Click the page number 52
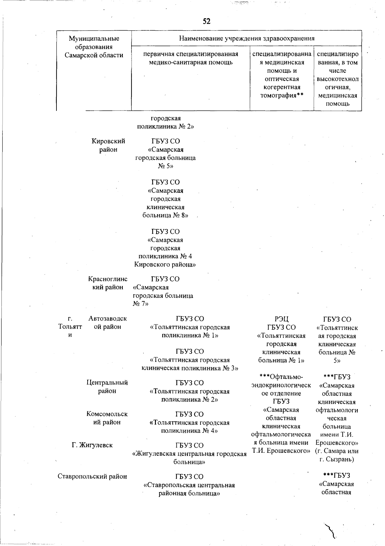pyautogui.click(x=207, y=21)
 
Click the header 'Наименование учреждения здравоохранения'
pyautogui.click(x=246, y=38)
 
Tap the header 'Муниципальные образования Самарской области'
pyautogui.click(x=94, y=47)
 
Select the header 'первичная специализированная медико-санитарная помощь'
pyautogui.click(x=191, y=58)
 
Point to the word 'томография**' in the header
pyautogui.click(x=282, y=95)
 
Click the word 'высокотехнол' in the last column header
pyautogui.click(x=338, y=79)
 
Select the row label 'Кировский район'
pyautogui.click(x=108, y=145)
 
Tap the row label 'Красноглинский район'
pyautogui.click(x=108, y=283)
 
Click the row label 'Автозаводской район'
pyautogui.click(x=107, y=323)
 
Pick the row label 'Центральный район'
pyautogui.click(x=107, y=387)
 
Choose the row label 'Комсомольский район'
pyautogui.click(x=107, y=418)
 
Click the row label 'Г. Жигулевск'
pyautogui.click(x=92, y=445)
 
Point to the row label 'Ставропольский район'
pyautogui.click(x=92, y=476)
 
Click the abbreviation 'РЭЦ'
pyautogui.click(x=281, y=319)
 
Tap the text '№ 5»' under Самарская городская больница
pyautogui.click(x=165, y=166)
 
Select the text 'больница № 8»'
pyautogui.click(x=165, y=215)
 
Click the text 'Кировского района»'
pyautogui.click(x=165, y=265)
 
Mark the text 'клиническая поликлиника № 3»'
pyautogui.click(x=190, y=368)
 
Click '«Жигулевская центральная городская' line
pyautogui.click(x=190, y=454)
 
